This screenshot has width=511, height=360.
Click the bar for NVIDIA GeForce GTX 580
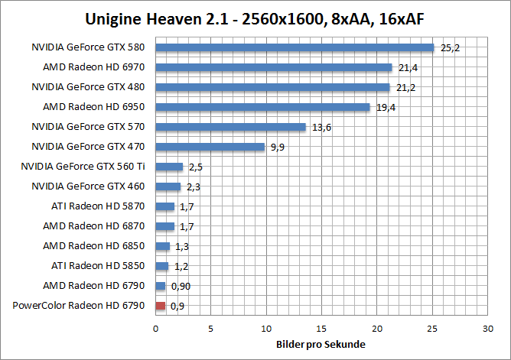[295, 47]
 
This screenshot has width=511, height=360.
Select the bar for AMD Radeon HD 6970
[273, 67]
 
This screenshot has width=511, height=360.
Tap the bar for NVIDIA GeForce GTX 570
[230, 127]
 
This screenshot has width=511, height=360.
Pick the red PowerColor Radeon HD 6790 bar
[160, 306]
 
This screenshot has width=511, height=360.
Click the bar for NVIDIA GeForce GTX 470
[210, 147]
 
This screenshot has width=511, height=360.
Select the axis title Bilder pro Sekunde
[321, 344]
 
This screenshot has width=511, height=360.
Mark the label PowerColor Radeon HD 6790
[79, 306]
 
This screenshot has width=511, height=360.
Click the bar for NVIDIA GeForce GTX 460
[168, 186]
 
